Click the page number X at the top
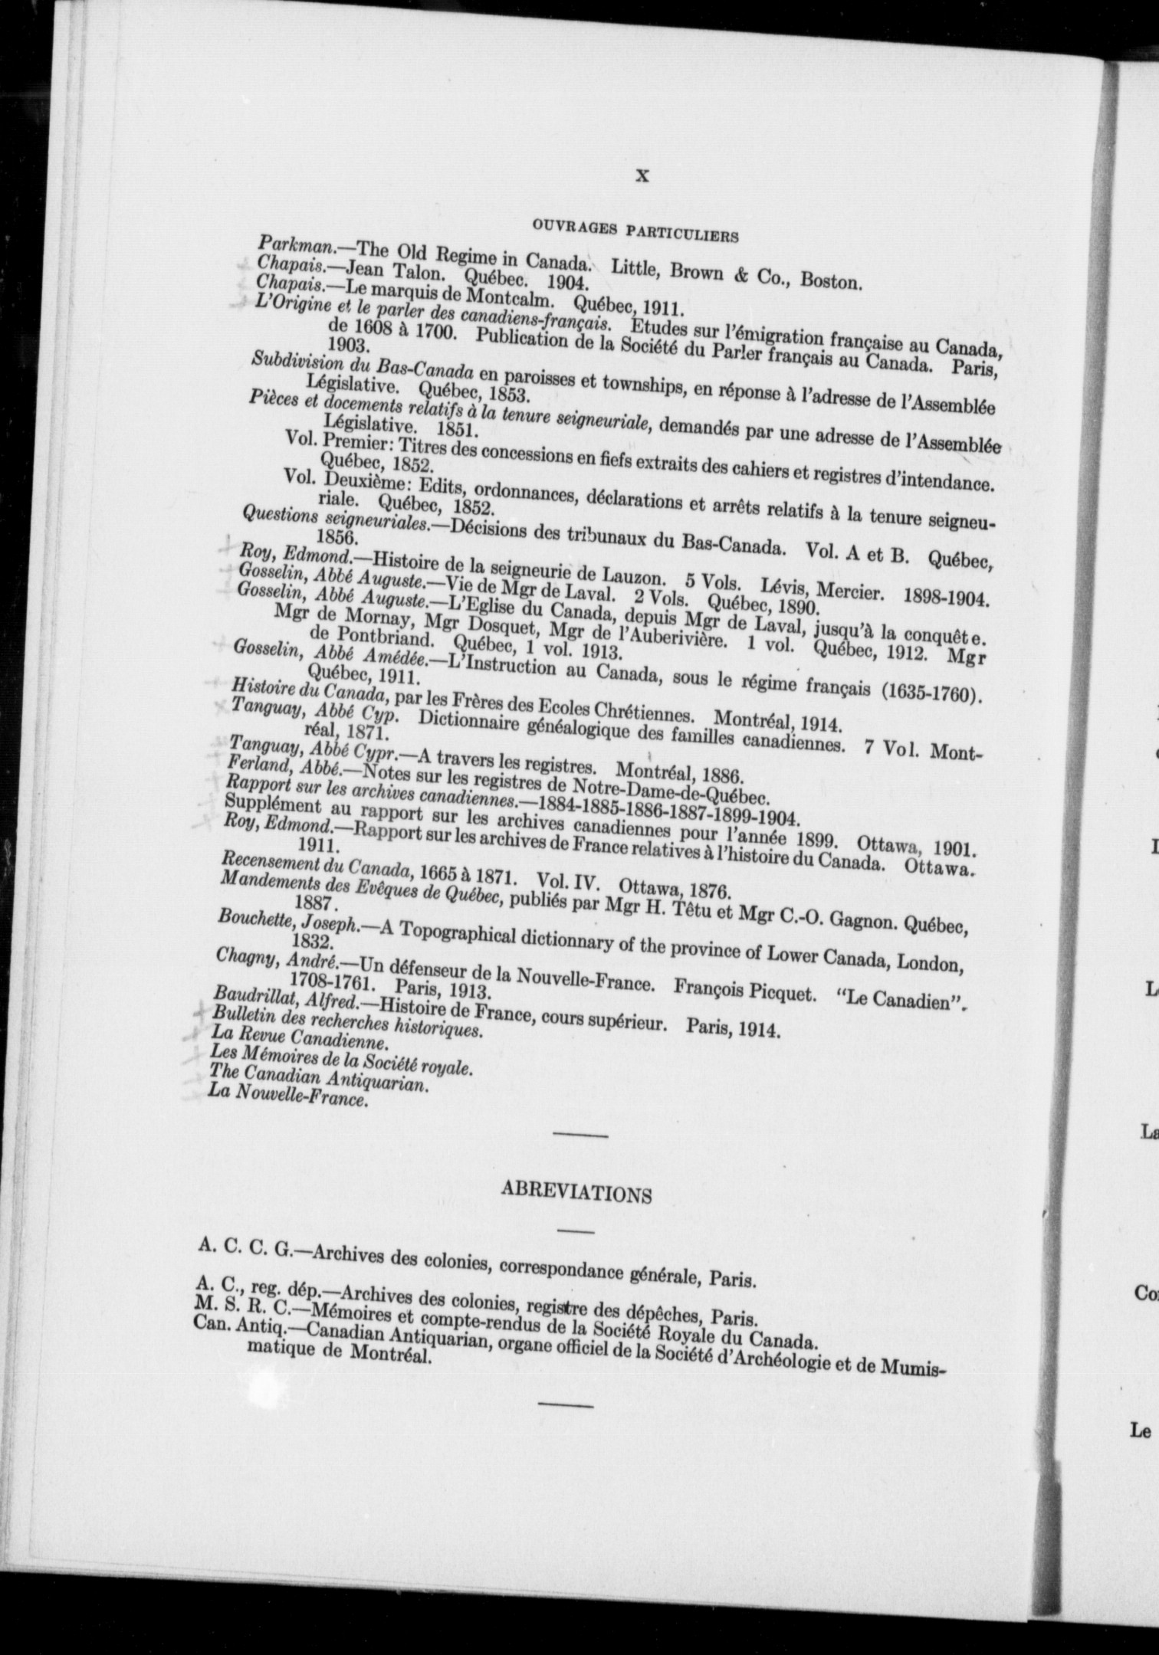643,176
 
